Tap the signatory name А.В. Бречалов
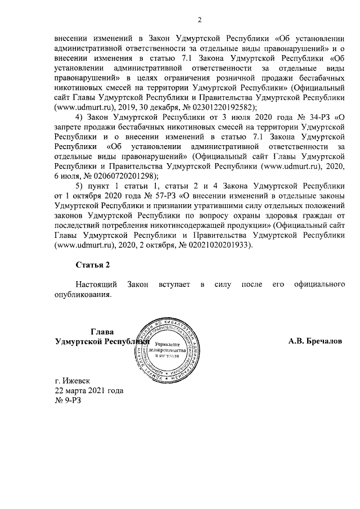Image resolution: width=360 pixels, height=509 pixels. pyautogui.click(x=316, y=341)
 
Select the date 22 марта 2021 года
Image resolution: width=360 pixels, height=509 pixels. pyautogui.click(x=88, y=390)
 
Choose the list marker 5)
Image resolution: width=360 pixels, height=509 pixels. pyautogui.click(x=79, y=184)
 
